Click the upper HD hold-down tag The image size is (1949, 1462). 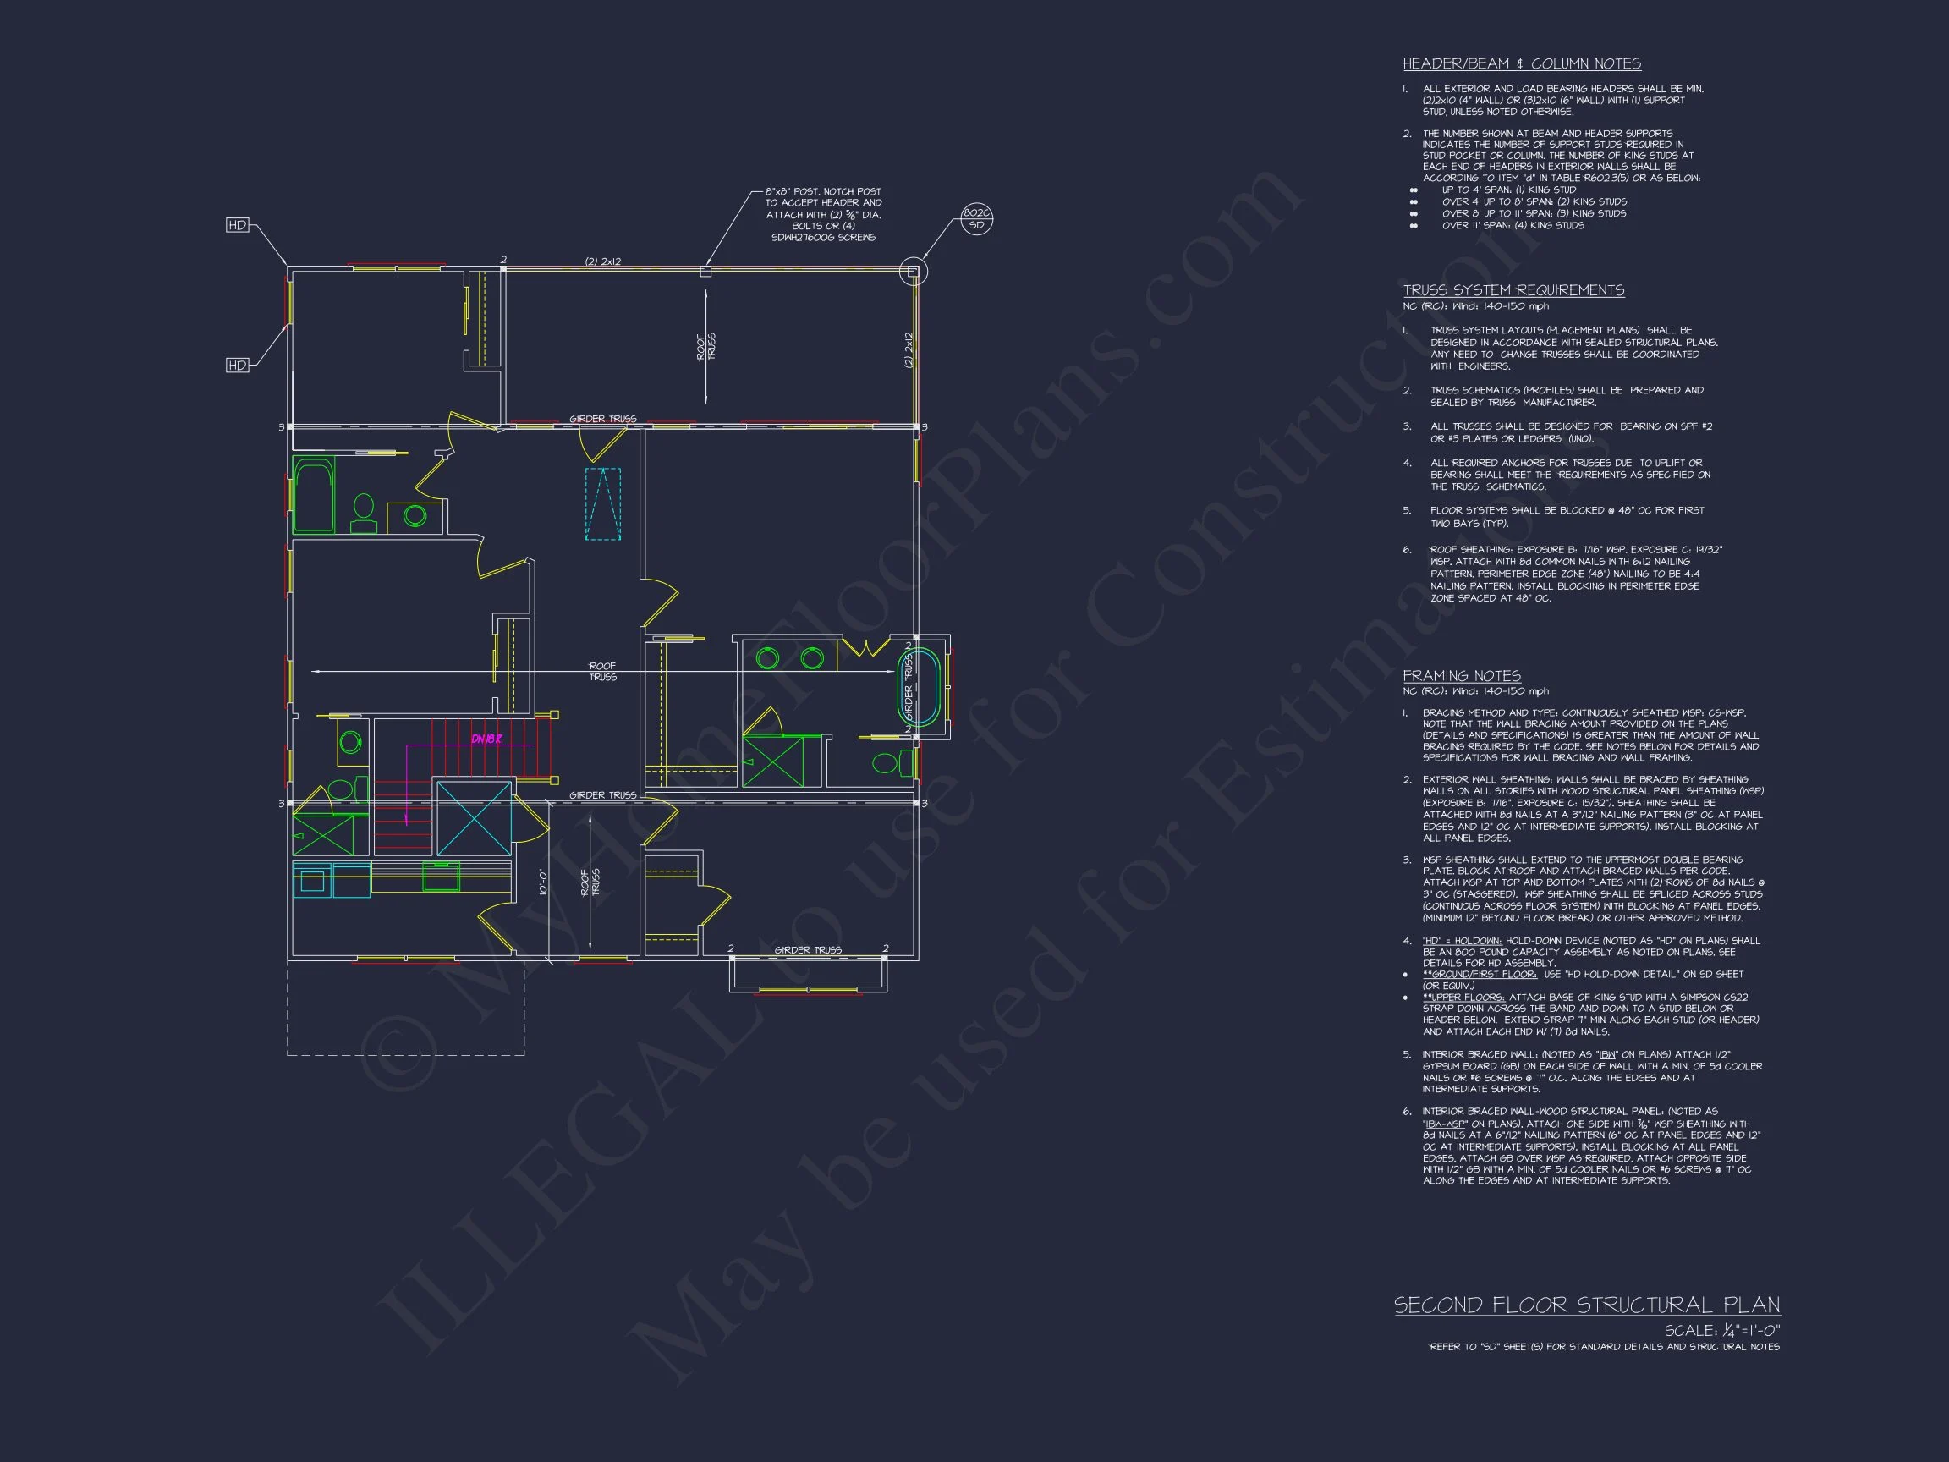(x=237, y=226)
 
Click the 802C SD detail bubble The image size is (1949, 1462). (x=976, y=218)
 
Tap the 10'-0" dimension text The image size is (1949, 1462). (x=544, y=882)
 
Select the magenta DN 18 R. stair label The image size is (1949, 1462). (x=486, y=739)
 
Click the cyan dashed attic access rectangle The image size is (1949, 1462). (x=602, y=503)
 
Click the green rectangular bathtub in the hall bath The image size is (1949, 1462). (x=313, y=494)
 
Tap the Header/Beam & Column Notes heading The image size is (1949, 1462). (x=1522, y=63)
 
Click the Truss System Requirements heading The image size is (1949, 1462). (x=1513, y=290)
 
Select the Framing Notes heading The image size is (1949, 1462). (x=1461, y=676)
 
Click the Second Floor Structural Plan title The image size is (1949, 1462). (x=1586, y=1305)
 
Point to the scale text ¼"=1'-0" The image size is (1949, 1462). (x=1721, y=1331)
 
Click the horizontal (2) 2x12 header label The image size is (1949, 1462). (x=603, y=261)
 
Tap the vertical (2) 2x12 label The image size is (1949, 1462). (x=909, y=350)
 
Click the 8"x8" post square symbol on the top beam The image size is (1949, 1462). (x=705, y=272)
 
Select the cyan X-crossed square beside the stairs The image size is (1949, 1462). (x=474, y=817)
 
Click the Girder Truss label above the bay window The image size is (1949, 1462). (x=807, y=950)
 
